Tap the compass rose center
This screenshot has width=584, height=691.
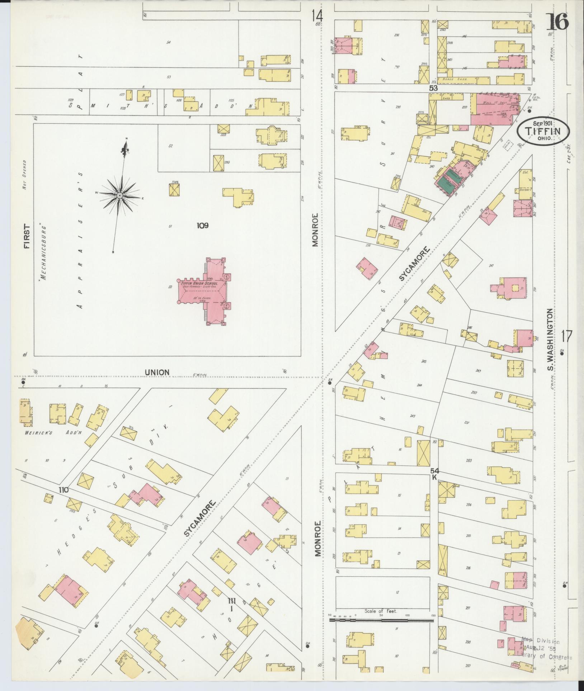[x=119, y=195]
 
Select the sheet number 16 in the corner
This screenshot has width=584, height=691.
[x=557, y=23]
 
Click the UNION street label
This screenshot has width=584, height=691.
[x=157, y=373]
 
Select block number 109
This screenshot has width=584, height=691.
[x=202, y=226]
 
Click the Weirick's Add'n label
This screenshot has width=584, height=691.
[x=53, y=433]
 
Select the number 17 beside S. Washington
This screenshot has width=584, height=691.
[x=566, y=337]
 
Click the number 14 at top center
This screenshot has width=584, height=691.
[x=317, y=16]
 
